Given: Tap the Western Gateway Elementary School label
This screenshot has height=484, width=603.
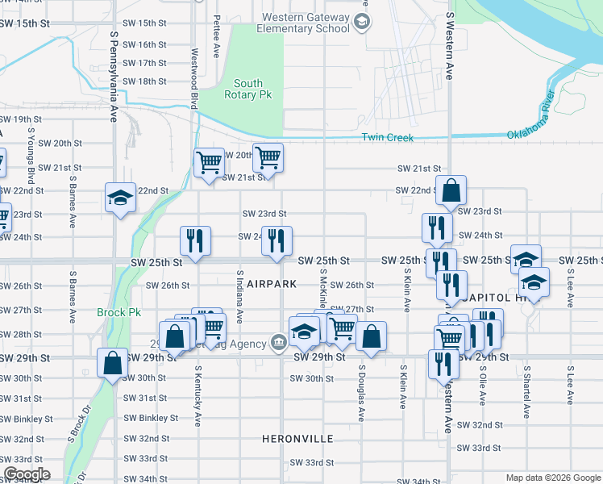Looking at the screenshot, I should coord(303,23).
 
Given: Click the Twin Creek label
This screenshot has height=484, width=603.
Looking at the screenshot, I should coord(387,138).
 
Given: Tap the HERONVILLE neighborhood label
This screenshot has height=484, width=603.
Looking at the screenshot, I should coord(297,439).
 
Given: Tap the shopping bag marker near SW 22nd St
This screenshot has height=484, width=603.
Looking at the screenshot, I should coord(452,191).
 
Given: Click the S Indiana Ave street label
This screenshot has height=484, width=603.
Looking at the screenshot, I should coord(239,297).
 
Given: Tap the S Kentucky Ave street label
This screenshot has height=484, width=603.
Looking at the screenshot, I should coord(198,395).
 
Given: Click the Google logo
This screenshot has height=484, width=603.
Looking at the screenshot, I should coord(26,474).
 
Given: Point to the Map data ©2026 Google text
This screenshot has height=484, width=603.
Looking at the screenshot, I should coord(553,478).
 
